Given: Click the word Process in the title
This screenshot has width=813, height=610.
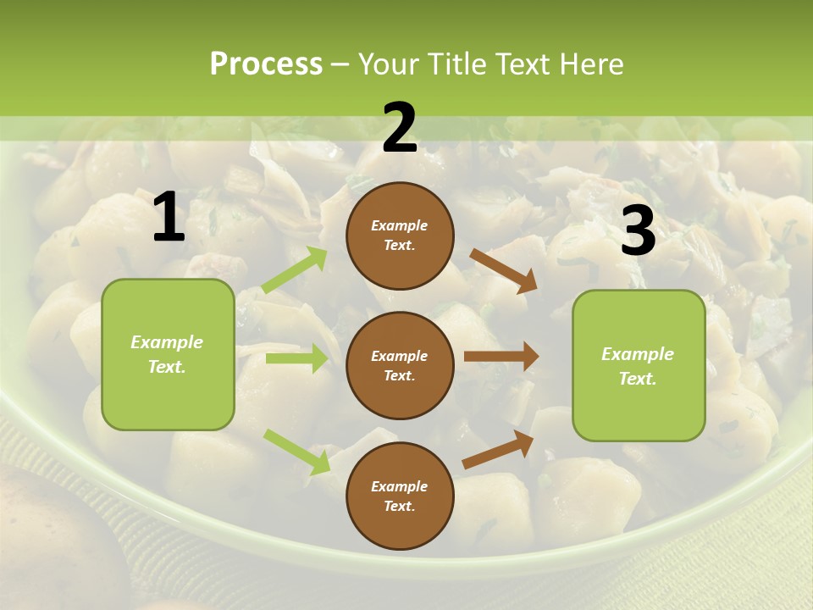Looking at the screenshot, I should [x=266, y=64].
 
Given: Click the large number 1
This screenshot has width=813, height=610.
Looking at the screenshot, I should [x=169, y=218].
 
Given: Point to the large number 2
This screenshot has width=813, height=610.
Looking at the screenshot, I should [x=400, y=128].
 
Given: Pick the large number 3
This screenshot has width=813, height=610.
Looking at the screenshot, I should [x=638, y=230].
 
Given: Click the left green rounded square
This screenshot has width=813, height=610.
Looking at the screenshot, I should [x=168, y=354].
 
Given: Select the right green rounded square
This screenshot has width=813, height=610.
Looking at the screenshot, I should [x=639, y=366].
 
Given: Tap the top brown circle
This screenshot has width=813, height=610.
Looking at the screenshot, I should [x=400, y=236].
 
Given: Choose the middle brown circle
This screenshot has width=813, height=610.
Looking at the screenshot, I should [x=400, y=365].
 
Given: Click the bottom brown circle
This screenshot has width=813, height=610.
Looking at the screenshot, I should [x=400, y=496].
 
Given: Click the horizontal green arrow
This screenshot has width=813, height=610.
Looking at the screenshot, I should [x=296, y=358].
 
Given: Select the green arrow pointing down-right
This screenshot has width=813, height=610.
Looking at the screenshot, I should [x=296, y=452].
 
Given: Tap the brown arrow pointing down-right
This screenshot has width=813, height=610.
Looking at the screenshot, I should [x=503, y=270].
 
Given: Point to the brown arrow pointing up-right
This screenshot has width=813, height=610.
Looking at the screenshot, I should [x=498, y=450].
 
